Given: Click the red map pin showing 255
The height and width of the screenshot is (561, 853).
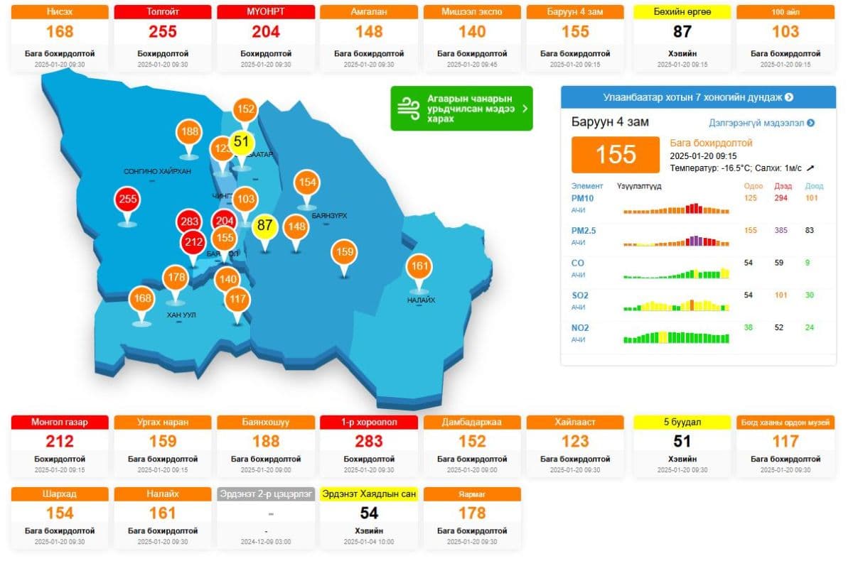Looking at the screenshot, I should [128, 200].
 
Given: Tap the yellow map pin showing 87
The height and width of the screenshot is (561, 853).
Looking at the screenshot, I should [265, 226].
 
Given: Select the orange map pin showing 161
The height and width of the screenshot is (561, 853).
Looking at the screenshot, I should [419, 267].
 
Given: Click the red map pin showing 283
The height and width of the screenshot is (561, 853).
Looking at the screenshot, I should [190, 222].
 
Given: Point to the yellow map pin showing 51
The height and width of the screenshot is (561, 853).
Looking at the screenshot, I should [242, 141].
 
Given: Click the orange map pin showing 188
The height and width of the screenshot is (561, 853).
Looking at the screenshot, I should [189, 131].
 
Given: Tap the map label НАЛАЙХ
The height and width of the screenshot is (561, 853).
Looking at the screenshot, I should [421, 300].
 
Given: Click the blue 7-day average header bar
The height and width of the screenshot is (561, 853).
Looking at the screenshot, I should [698, 97].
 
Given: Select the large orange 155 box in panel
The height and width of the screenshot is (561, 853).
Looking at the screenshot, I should [616, 154].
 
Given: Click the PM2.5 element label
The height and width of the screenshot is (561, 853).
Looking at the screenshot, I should [583, 231].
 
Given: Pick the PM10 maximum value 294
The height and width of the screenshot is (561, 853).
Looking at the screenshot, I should [781, 198].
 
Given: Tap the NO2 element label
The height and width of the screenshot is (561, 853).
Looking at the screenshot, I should [580, 328].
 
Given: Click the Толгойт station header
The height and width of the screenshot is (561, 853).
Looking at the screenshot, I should [163, 12].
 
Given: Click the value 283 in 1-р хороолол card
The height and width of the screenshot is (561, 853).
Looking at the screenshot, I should [369, 442].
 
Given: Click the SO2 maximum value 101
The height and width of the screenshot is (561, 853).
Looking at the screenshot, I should [781, 295].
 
